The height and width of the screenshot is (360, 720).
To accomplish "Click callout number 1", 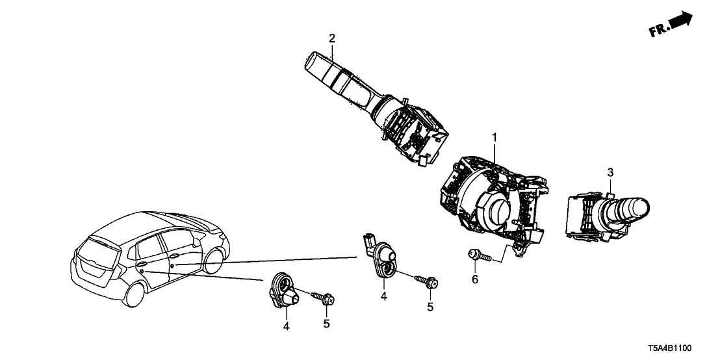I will pos(494,138).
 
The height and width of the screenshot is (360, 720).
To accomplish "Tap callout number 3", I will pos(610,172).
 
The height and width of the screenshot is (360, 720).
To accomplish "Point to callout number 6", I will pos(474,279).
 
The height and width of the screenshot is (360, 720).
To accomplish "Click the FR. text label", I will pos(660,28).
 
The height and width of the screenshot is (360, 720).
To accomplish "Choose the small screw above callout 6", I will pos(474,255).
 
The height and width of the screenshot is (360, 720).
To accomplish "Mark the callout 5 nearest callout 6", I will pos(430,306).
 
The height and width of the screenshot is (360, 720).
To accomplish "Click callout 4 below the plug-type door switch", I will pos(384,296).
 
